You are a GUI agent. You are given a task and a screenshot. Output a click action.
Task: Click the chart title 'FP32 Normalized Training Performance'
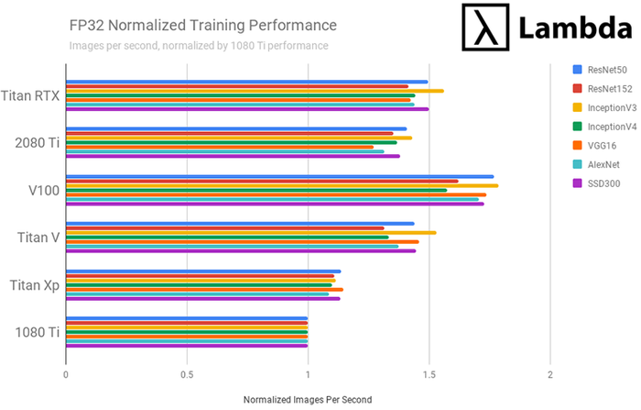(x=202, y=24)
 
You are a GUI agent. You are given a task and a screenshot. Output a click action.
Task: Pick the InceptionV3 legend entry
(x=609, y=106)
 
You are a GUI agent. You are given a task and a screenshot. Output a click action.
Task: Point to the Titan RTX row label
(x=31, y=94)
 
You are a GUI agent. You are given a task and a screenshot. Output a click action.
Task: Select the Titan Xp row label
(x=35, y=284)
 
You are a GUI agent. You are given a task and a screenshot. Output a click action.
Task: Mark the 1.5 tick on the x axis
(x=429, y=375)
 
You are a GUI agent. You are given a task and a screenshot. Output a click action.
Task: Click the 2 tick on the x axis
(x=549, y=375)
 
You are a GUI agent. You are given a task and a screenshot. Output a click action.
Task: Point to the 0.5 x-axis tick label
(x=187, y=375)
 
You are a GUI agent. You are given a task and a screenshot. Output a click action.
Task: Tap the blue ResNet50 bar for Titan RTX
(x=247, y=82)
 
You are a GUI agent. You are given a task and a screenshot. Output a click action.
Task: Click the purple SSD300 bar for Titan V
(x=238, y=250)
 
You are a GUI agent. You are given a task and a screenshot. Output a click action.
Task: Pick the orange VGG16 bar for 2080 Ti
(x=220, y=147)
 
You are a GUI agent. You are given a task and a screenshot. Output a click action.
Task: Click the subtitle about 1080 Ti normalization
(x=199, y=45)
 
